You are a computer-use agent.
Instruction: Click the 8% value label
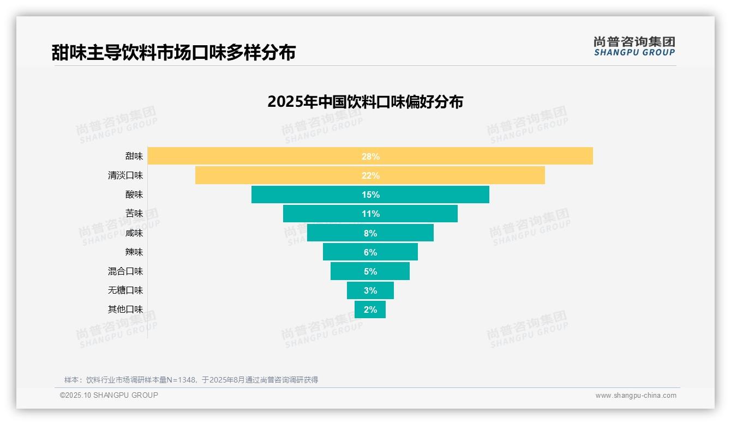(370, 233)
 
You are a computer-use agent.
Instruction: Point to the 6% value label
(370, 252)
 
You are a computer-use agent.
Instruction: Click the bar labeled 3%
(370, 290)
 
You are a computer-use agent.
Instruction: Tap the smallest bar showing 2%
(370, 309)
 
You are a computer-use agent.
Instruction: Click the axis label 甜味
(134, 156)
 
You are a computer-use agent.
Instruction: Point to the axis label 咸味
(134, 233)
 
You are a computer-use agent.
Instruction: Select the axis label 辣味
(134, 252)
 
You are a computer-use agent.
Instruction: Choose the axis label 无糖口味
(125, 290)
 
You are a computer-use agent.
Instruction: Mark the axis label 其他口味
(125, 309)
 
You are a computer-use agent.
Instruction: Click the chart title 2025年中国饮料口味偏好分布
(365, 102)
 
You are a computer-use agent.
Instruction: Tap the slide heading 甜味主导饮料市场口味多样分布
(173, 53)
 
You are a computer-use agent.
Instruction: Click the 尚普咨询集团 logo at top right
(634, 46)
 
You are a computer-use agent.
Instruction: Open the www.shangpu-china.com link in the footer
(636, 396)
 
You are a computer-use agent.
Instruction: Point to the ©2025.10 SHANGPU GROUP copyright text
(109, 396)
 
